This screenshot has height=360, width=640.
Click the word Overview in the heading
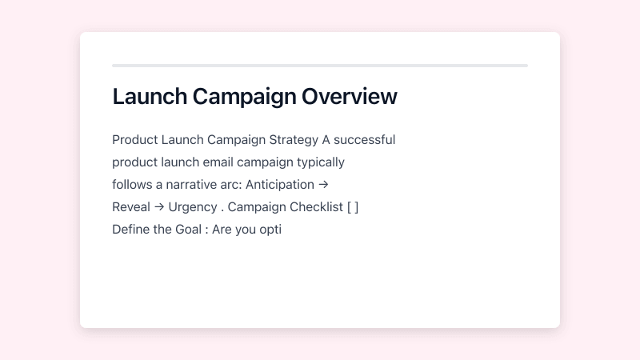pyautogui.click(x=350, y=97)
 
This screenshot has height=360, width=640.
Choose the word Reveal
pyautogui.click(x=130, y=207)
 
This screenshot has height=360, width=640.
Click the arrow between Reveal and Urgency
pyautogui.click(x=158, y=207)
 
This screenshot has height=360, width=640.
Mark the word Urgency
pyautogui.click(x=192, y=207)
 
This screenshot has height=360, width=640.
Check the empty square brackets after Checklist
pyautogui.click(x=353, y=207)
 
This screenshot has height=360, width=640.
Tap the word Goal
pyautogui.click(x=188, y=230)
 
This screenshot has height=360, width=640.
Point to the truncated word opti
pyautogui.click(x=270, y=230)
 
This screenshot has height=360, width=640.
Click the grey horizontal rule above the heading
pyautogui.click(x=320, y=66)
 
